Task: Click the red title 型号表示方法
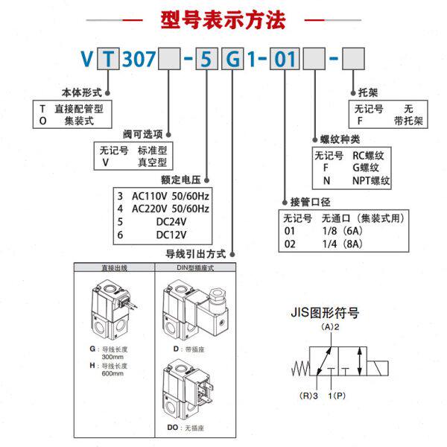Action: click(223, 20)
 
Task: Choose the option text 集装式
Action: click(79, 119)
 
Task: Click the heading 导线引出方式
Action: click(195, 254)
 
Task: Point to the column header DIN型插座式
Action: click(192, 267)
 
